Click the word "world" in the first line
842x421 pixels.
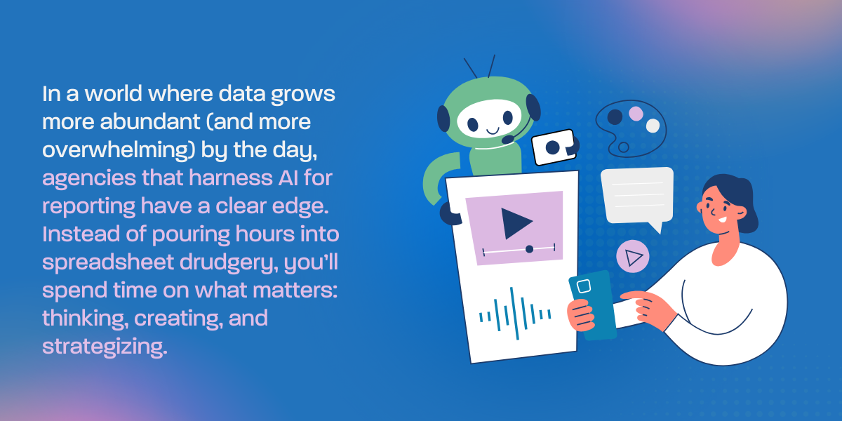pos(113,93)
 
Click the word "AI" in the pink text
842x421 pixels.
pos(288,178)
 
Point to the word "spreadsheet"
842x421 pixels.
pos(108,262)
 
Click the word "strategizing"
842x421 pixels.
pos(105,347)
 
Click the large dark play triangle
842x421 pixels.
pos(516,223)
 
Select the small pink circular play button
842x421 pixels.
pos(633,256)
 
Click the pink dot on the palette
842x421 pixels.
pos(636,114)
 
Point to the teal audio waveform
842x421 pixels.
pos(515,314)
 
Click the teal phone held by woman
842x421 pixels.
pos(593,305)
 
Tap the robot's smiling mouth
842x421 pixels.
pos(493,131)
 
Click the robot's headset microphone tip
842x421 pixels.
pos(508,140)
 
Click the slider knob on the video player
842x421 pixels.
pos(529,249)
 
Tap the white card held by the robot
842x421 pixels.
pos(553,147)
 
